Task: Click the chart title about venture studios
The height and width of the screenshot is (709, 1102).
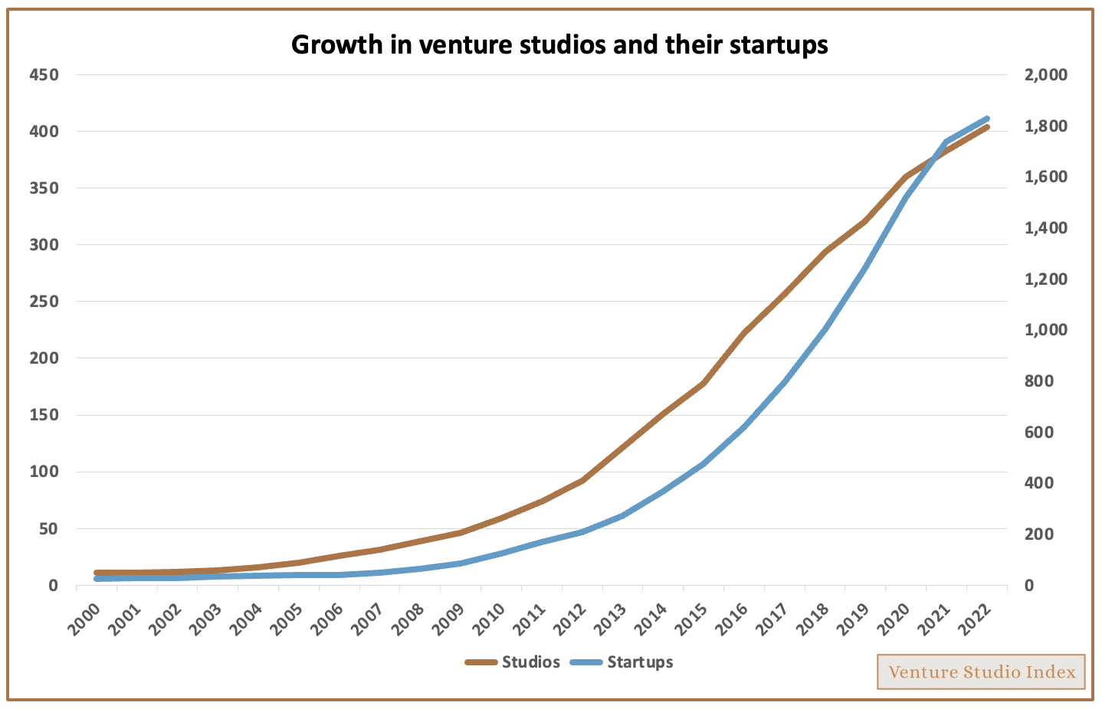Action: (559, 44)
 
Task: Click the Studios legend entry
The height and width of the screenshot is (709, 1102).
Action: (513, 662)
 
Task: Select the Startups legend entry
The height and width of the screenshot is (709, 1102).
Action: (622, 662)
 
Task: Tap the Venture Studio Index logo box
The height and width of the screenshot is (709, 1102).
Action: (981, 671)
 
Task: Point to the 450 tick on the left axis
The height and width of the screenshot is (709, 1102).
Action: (44, 75)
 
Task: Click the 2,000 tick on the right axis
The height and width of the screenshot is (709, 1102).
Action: (1045, 75)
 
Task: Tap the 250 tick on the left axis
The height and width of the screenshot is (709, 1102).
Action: (44, 302)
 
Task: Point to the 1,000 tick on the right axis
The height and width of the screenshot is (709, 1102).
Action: (1045, 330)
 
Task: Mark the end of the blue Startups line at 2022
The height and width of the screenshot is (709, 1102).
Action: (987, 119)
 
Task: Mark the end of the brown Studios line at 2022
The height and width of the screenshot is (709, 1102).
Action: (987, 127)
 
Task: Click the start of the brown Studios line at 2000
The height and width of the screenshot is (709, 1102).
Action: (97, 573)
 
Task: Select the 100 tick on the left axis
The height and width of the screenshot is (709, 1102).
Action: (44, 472)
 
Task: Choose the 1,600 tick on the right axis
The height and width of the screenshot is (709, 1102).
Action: (1045, 177)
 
